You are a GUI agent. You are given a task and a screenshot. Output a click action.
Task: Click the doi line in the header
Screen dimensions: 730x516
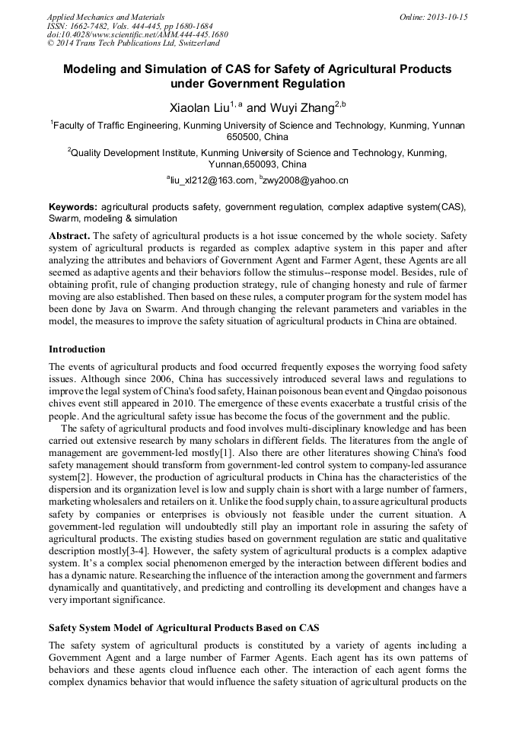(137, 34)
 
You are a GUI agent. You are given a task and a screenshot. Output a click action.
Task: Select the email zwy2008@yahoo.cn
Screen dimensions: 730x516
(307, 181)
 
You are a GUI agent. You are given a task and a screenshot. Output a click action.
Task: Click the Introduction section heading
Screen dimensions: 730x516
(77, 349)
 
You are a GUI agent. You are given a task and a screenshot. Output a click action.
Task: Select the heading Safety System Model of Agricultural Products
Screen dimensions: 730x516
(183, 628)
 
